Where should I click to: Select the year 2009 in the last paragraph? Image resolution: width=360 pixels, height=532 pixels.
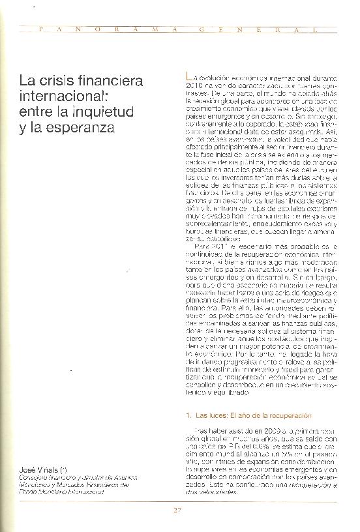(x=252, y=430)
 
